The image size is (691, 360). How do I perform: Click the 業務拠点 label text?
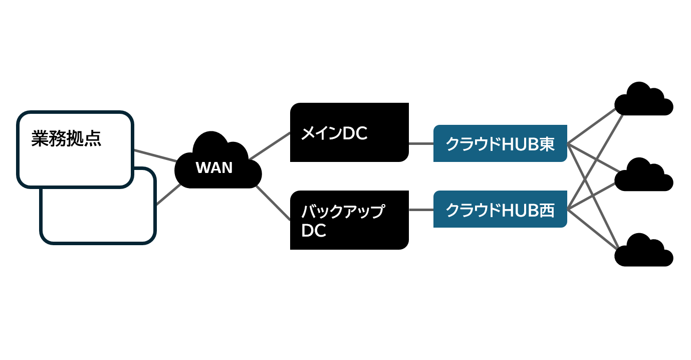(66, 139)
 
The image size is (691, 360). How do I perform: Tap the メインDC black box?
(349, 132)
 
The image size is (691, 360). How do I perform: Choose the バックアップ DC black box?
(349, 220)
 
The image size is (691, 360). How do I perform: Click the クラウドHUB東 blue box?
(500, 143)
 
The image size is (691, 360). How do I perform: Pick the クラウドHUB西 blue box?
(500, 209)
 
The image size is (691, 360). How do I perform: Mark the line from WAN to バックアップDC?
(273, 203)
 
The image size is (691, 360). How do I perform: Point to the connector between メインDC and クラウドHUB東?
(421, 143)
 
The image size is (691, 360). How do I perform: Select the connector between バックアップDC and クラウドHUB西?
(421, 210)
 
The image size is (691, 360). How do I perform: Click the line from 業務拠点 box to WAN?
(155, 155)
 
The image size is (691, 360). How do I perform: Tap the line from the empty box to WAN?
(169, 194)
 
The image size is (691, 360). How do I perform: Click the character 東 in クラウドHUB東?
(548, 144)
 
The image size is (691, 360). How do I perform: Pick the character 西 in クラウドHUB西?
(548, 210)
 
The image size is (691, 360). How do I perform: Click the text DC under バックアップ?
(314, 231)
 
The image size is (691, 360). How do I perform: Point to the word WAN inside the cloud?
(214, 167)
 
